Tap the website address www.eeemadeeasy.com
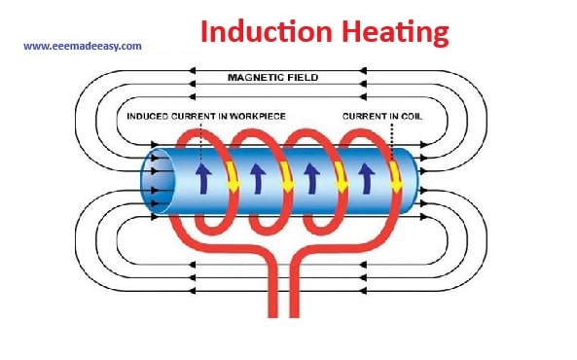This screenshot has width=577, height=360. pyautogui.click(x=83, y=46)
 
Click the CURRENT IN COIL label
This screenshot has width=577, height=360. pyautogui.click(x=382, y=118)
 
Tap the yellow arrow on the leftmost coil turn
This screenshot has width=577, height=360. pyautogui.click(x=233, y=175)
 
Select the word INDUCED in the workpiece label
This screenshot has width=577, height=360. pyautogui.click(x=147, y=118)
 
